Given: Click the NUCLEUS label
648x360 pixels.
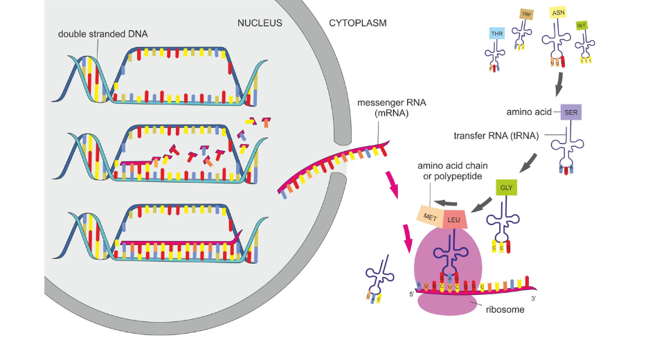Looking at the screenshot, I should point(260,23).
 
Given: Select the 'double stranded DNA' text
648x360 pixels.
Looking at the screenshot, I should point(102,33).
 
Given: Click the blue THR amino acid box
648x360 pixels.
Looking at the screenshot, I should point(496,33).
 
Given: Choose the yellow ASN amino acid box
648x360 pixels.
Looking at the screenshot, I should point(558,13).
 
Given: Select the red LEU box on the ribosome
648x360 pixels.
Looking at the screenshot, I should point(454,219).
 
